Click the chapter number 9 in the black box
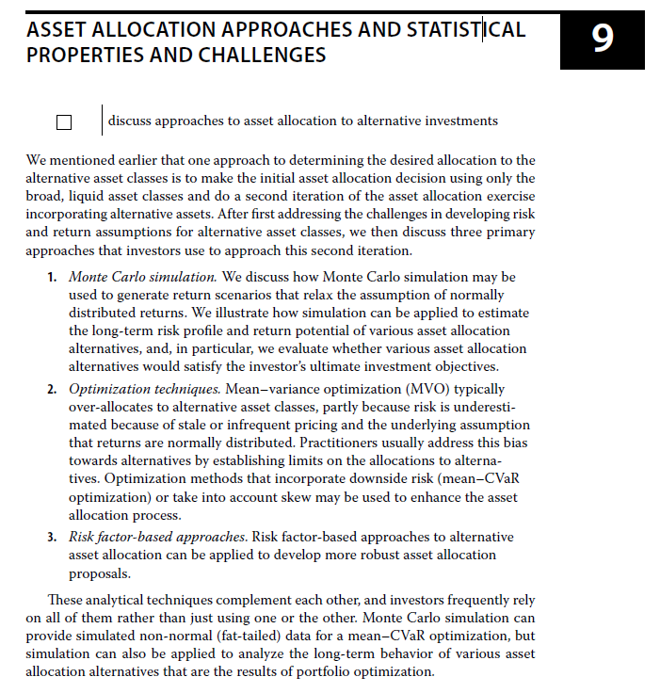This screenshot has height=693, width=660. (603, 38)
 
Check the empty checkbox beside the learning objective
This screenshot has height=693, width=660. (64, 121)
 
